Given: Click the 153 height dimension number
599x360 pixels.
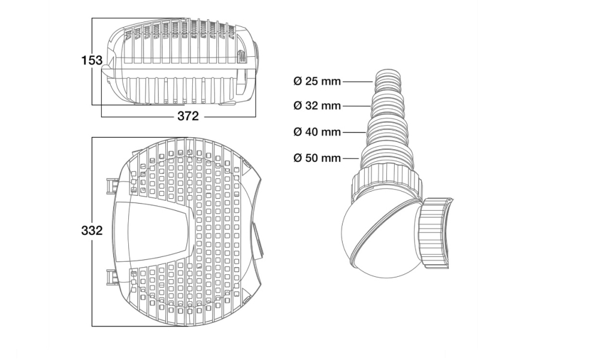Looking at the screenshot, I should (x=92, y=60).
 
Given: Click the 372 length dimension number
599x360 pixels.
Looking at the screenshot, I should (x=187, y=116).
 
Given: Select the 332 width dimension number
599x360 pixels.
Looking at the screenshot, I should (x=92, y=231).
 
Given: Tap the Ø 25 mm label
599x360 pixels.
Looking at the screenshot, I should (x=317, y=81).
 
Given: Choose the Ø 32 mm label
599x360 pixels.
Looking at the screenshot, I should (x=317, y=106).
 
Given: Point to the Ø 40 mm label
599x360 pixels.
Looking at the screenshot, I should (x=317, y=132).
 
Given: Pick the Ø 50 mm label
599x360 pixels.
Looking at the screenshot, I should (x=317, y=158).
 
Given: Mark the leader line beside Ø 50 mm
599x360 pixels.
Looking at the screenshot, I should (x=351, y=158).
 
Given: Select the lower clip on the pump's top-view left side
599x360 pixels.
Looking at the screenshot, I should (x=110, y=277).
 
